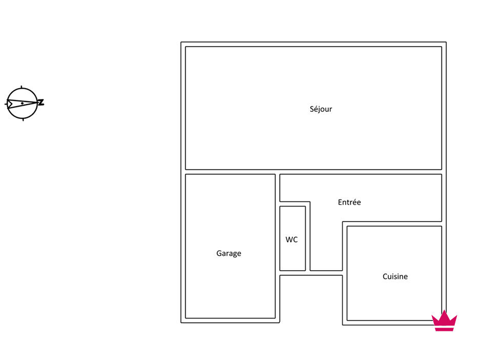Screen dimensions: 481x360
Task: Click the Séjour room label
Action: tap(321, 109)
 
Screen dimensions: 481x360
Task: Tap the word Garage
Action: tap(229, 253)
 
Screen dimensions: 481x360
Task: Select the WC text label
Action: tap(291, 239)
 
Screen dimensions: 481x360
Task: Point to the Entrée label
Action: tap(349, 202)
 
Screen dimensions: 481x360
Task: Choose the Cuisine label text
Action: tap(395, 276)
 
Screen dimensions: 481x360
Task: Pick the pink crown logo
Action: tap(444, 321)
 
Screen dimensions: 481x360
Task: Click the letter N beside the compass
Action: tap(41, 103)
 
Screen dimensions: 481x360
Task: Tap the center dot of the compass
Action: tap(22, 103)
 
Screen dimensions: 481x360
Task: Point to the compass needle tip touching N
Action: tap(37, 102)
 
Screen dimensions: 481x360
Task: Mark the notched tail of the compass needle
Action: tap(10, 104)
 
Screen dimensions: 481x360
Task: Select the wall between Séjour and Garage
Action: tap(230, 172)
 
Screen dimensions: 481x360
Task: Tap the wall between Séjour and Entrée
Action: tap(360, 172)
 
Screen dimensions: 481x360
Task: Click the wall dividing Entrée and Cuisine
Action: tap(392, 224)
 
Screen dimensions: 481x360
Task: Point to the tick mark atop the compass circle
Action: tap(21, 87)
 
